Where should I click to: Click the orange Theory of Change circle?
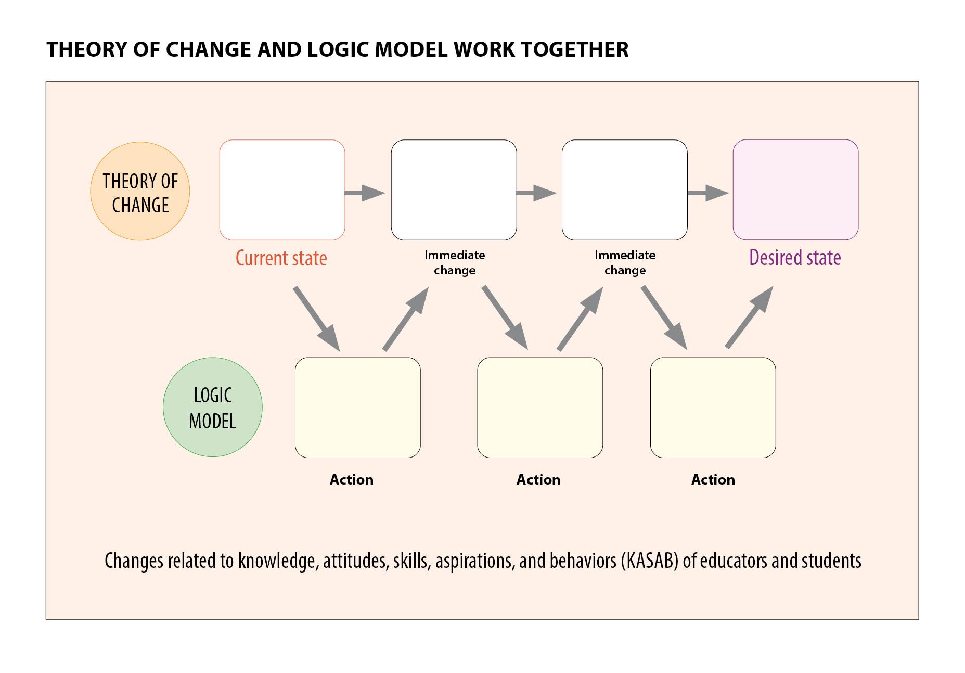[140, 191]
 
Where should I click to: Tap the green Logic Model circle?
[212, 407]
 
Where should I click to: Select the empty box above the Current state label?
[282, 190]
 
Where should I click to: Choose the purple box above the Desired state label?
[795, 190]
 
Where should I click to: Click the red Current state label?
[281, 258]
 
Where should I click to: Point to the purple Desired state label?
[795, 258]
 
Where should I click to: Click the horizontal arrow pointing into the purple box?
[708, 193]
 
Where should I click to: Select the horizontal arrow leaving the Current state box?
[365, 193]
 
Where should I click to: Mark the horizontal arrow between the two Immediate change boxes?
[536, 193]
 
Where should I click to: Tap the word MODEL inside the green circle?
[212, 421]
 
